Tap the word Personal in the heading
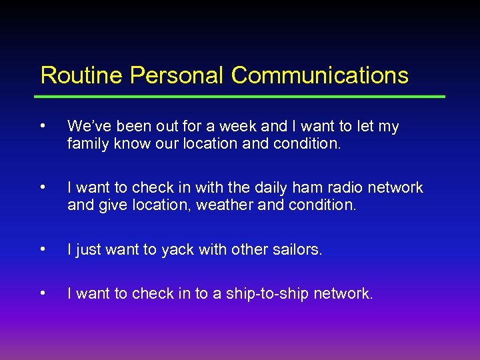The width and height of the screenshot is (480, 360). pos(177,75)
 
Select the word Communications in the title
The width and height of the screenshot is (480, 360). pos(320,75)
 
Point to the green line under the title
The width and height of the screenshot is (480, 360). pos(243,97)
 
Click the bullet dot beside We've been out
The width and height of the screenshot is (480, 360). pos(43,125)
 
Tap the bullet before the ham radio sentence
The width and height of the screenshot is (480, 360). pos(43,187)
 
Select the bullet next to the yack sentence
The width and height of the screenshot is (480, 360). pos(43,249)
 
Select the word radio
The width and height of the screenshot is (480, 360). pos(339,188)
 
